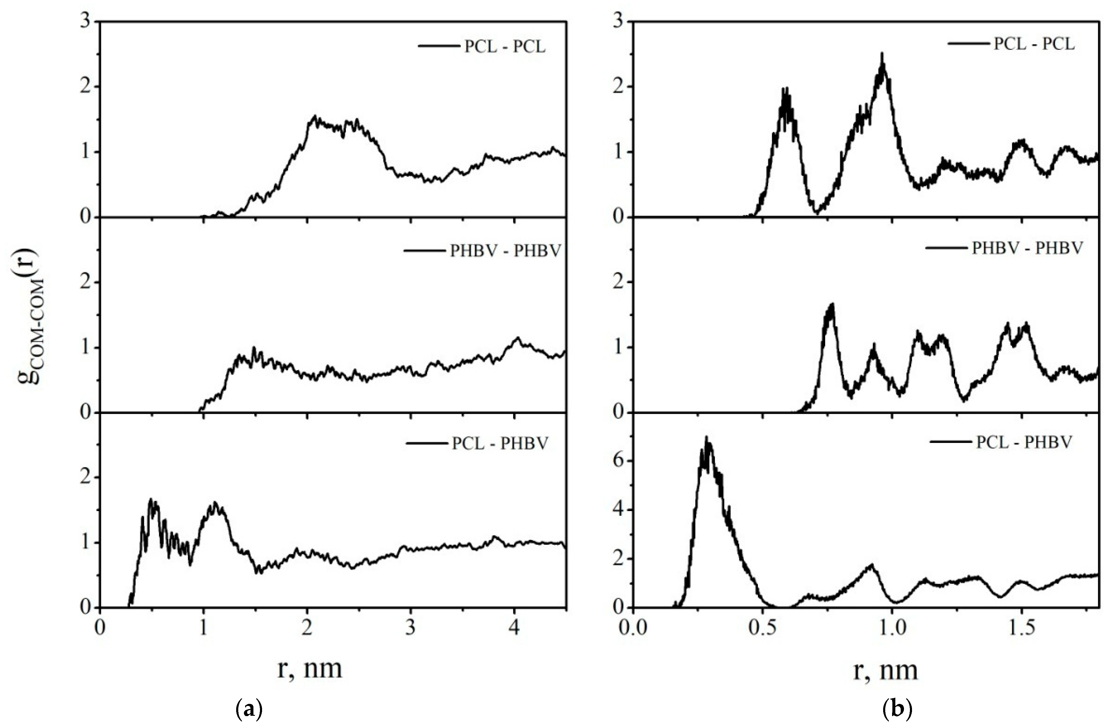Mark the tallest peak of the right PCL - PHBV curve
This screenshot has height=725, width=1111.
[x=706, y=437]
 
